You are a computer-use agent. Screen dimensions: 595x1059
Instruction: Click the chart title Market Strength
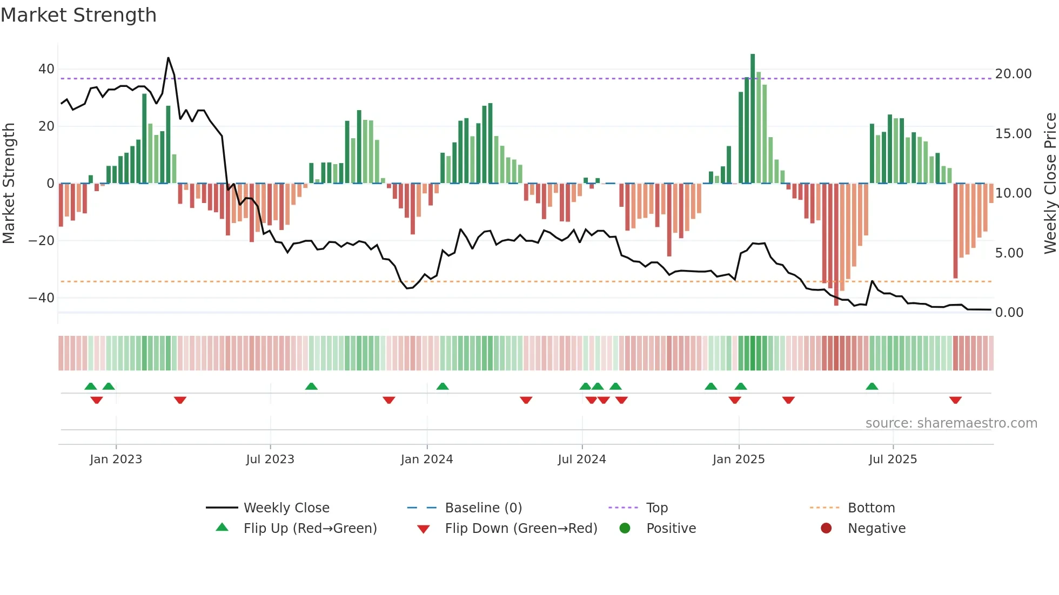(78, 15)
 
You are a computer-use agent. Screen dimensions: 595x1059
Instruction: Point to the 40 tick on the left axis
(46, 69)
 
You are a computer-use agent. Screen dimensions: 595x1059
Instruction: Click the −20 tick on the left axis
(42, 241)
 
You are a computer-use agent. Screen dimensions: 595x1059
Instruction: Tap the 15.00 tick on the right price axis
(1013, 134)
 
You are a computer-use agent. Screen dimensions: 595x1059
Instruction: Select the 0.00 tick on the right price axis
(1009, 313)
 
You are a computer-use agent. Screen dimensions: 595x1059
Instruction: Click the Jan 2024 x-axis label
(426, 459)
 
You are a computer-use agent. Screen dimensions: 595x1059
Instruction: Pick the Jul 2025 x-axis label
(893, 459)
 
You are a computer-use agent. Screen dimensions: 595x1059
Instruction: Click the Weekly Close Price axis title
(1050, 184)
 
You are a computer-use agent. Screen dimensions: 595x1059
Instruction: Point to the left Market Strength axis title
(9, 184)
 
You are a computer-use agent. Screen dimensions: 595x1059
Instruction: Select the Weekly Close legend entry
(286, 508)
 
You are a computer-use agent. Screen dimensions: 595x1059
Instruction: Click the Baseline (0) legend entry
(483, 508)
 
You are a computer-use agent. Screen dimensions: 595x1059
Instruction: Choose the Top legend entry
(656, 508)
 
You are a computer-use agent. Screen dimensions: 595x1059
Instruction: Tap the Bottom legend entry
(871, 508)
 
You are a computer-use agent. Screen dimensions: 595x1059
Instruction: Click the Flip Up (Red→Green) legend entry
(310, 529)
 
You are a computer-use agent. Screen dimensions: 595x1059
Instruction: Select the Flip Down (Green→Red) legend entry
(521, 529)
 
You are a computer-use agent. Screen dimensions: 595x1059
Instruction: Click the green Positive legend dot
(625, 529)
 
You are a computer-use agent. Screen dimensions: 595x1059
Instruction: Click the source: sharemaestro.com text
(951, 423)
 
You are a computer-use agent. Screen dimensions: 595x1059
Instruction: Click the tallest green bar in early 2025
(753, 119)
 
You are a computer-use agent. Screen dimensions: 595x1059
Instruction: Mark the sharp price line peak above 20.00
(168, 58)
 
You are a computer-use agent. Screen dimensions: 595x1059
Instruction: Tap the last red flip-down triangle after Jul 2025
(955, 400)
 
